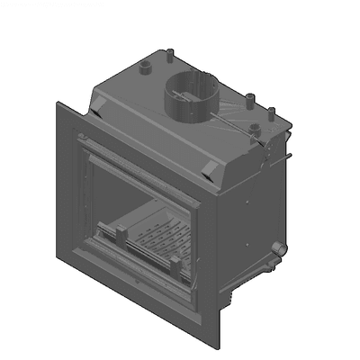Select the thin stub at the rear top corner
[x=168, y=56]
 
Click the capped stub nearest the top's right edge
[x=272, y=114]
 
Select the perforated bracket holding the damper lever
[x=264, y=138]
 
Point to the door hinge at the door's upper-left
[x=82, y=143]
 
